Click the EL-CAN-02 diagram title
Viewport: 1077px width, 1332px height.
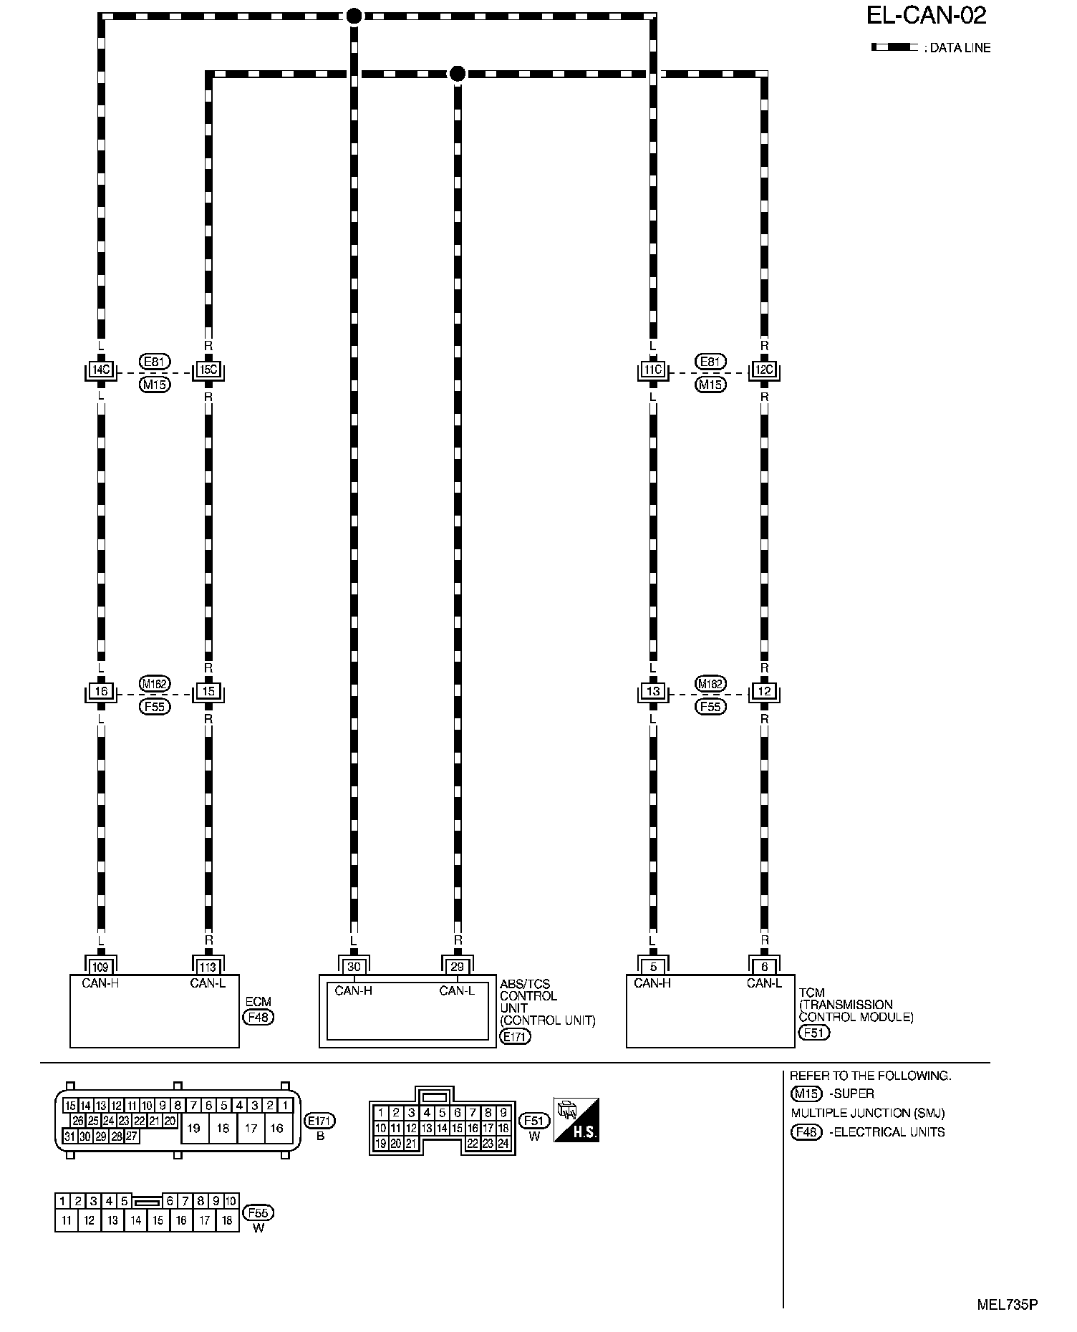pyautogui.click(x=927, y=15)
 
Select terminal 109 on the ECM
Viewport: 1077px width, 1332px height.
pyautogui.click(x=101, y=967)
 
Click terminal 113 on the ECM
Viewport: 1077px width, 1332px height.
pyautogui.click(x=208, y=967)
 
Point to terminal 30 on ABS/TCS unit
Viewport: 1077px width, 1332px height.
pyautogui.click(x=353, y=967)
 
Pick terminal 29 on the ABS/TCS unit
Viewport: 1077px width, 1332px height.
pyautogui.click(x=458, y=967)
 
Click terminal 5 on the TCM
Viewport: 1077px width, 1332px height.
pyautogui.click(x=653, y=967)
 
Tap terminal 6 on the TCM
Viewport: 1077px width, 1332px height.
pyautogui.click(x=765, y=967)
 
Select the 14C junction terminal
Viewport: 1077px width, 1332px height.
pyautogui.click(x=101, y=370)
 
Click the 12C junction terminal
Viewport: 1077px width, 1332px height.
pyautogui.click(x=765, y=370)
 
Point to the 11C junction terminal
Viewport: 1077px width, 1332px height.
pyautogui.click(x=653, y=370)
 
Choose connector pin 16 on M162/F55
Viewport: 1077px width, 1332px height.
pyautogui.click(x=101, y=692)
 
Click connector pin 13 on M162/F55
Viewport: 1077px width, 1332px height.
pyautogui.click(x=653, y=692)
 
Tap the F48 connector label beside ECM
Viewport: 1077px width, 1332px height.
pyautogui.click(x=258, y=1017)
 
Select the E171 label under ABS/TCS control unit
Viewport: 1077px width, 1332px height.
pyautogui.click(x=516, y=1036)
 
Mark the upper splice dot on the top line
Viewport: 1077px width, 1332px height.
pyautogui.click(x=354, y=16)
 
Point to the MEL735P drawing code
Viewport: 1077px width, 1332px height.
pyautogui.click(x=1008, y=1304)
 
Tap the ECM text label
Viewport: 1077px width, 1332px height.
pyautogui.click(x=258, y=1001)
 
